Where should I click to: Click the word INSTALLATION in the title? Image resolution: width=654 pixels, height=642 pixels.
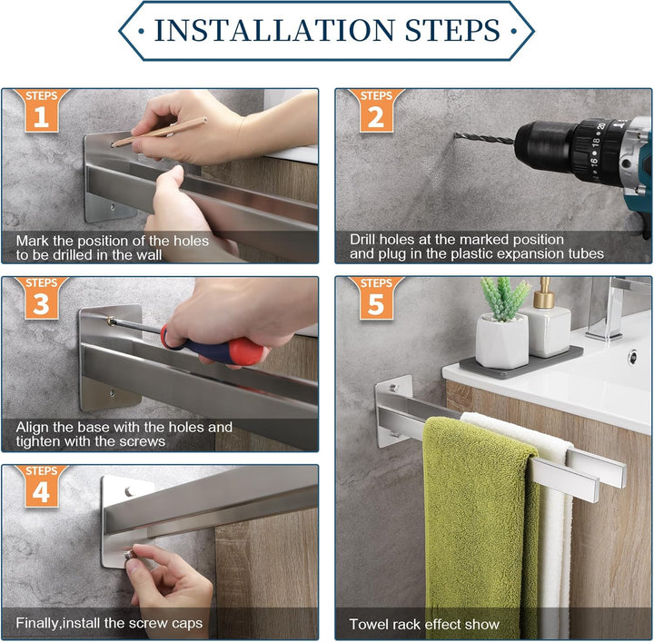pos(274,30)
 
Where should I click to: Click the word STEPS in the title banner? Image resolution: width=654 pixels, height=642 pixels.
pos(452,30)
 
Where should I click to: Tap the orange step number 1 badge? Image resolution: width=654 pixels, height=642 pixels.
pos(41,111)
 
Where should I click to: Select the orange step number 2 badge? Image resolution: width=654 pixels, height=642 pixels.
pos(376,111)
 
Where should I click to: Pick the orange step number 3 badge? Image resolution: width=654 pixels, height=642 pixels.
pos(41,298)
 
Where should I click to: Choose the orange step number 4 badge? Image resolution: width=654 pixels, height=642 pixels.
pos(41,486)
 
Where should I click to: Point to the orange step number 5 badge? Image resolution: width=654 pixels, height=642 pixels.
pos(376,298)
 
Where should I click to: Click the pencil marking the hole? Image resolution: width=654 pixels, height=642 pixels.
pos(159,132)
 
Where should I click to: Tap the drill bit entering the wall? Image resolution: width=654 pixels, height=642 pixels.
pos(485,138)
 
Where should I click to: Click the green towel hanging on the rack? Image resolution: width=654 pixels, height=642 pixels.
pos(480,526)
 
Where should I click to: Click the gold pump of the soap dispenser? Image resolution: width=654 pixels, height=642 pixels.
pos(543,292)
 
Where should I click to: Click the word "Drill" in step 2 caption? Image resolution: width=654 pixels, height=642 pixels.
pos(362,240)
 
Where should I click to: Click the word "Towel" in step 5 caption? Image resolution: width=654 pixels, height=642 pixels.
pos(367,624)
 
